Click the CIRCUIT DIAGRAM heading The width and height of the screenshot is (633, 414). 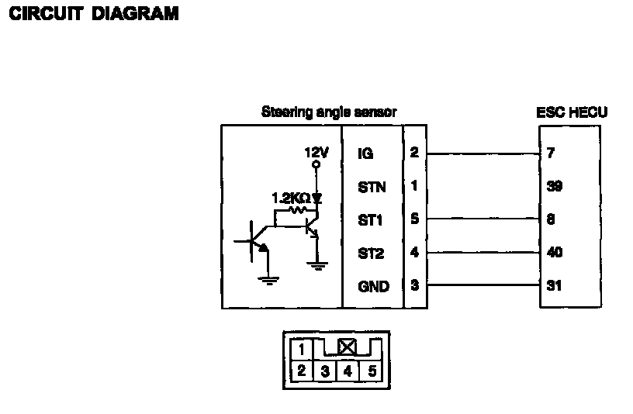93,14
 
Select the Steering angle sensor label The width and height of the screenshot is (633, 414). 329,112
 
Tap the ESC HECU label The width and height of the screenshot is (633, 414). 572,112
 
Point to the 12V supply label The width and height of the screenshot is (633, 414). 316,153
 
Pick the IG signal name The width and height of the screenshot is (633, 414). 365,154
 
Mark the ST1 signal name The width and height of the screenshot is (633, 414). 370,220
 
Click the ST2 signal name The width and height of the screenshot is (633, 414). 370,253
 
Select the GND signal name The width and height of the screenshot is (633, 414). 373,286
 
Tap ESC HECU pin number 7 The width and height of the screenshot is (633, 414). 550,154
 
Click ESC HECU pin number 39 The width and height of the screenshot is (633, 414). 554,187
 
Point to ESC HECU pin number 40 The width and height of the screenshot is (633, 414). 554,253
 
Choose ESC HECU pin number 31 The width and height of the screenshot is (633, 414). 554,286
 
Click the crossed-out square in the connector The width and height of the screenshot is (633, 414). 347,347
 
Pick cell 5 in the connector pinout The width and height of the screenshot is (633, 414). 372,371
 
